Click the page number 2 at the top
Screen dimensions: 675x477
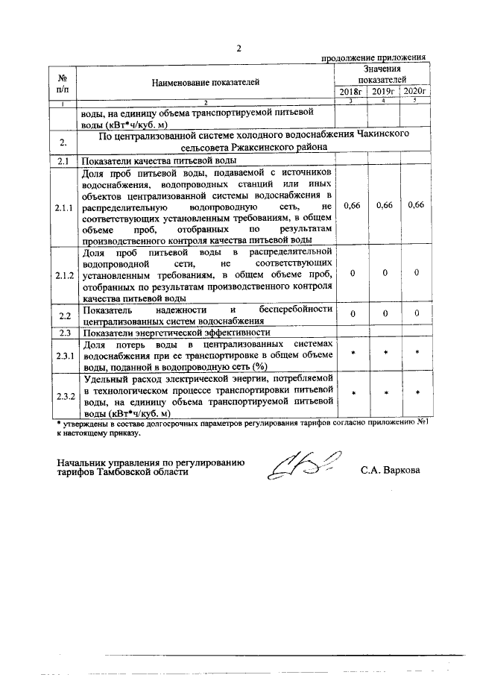[x=239, y=49]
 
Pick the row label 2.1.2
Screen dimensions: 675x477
[x=64, y=274]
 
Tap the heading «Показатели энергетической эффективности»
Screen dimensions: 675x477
[x=176, y=333]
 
